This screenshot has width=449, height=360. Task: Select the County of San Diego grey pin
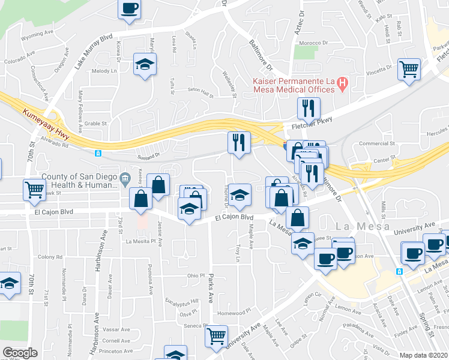point(125,177)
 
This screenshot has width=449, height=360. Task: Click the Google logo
point(20,353)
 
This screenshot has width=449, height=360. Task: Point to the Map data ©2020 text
point(424,355)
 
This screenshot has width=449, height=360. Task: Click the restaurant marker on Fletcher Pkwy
point(309,109)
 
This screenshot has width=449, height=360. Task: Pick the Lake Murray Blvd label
point(94,52)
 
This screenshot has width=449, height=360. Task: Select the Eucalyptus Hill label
point(182,301)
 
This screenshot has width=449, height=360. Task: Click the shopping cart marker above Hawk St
point(34,190)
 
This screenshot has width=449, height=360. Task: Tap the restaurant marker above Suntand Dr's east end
point(238,143)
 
